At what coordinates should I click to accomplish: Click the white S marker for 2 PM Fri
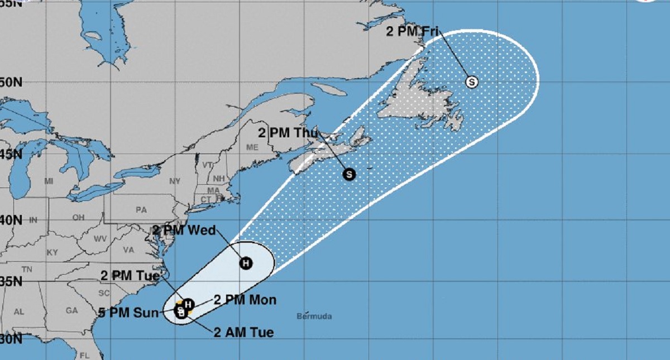[472, 82]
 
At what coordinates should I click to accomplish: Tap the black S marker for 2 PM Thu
[349, 174]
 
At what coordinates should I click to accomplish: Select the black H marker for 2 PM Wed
[246, 263]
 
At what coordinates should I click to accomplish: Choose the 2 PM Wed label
[184, 230]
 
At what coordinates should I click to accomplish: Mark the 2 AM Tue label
[244, 333]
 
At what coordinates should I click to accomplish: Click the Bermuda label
[314, 316]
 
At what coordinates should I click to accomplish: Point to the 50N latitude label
[11, 83]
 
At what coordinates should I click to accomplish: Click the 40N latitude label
[11, 220]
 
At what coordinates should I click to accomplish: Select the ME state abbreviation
[252, 147]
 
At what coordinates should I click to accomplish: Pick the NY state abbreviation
[175, 181]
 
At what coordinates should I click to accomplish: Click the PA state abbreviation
[141, 210]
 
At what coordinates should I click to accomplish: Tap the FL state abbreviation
[86, 355]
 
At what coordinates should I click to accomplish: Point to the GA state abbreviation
[71, 310]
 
